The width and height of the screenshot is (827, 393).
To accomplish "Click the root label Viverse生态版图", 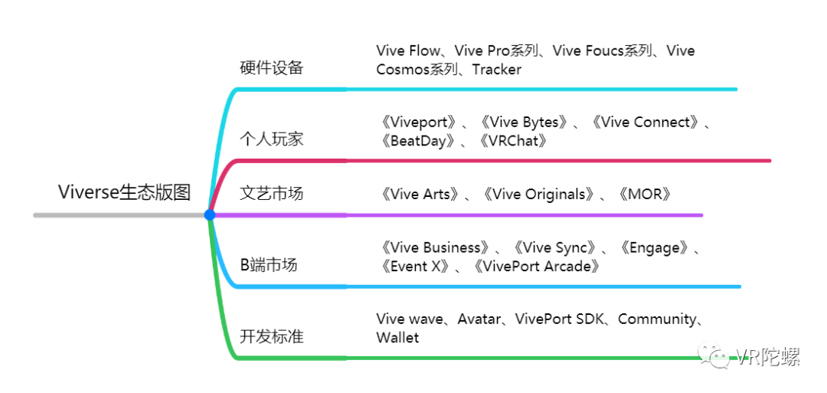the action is pyautogui.click(x=124, y=192).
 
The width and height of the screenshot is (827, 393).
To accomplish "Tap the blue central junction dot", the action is pyautogui.click(x=210, y=215).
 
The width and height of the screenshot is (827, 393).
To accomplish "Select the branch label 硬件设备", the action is pyautogui.click(x=271, y=67).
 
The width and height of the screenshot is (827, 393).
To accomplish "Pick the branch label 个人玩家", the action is pyautogui.click(x=271, y=139).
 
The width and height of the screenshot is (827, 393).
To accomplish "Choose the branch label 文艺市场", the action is pyautogui.click(x=271, y=193).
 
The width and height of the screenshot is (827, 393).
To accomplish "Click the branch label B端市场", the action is pyautogui.click(x=268, y=265).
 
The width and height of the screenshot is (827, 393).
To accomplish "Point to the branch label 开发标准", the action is pyautogui.click(x=271, y=336).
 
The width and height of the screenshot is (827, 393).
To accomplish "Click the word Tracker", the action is pyautogui.click(x=496, y=70).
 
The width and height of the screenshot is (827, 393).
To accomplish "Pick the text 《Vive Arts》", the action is pyautogui.click(x=420, y=194).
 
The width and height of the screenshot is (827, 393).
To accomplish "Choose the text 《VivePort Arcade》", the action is pyautogui.click(x=536, y=267).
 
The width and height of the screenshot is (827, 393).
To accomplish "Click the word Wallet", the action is pyautogui.click(x=397, y=338).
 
